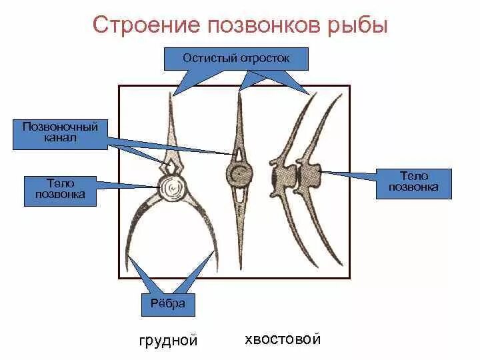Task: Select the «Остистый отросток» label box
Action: click(x=236, y=58)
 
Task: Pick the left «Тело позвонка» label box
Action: click(x=60, y=188)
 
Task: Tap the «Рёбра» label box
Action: click(x=168, y=305)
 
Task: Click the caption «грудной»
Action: click(x=168, y=341)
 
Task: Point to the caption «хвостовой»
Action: click(x=283, y=339)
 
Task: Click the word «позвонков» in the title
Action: click(x=261, y=26)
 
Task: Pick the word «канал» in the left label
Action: click(x=60, y=138)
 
